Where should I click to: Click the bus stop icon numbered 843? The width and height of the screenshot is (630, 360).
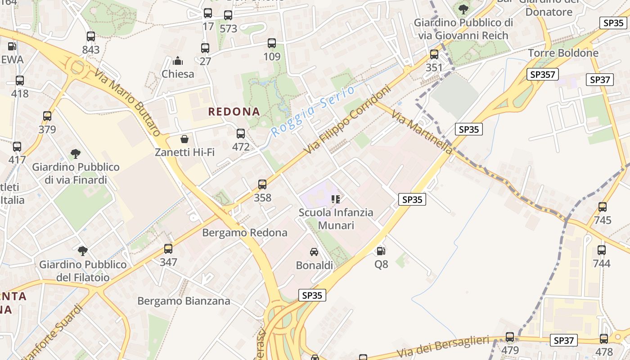point(91,37)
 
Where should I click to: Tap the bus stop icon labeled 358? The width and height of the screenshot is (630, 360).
point(262,184)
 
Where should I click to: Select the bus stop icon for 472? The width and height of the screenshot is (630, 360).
point(241,134)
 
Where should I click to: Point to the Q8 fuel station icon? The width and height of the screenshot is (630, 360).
point(381,251)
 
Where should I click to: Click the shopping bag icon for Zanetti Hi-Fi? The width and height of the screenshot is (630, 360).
point(184,139)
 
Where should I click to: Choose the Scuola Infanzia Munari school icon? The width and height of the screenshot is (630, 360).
point(335,199)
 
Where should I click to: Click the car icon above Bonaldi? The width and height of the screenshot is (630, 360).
point(314,252)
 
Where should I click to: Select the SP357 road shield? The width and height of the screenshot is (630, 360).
point(543,74)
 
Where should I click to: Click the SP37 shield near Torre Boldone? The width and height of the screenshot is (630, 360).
point(600,80)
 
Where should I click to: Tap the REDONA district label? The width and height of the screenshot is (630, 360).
point(234,112)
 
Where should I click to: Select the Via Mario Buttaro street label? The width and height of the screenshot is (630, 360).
point(127,102)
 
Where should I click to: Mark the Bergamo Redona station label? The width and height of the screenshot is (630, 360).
point(244,233)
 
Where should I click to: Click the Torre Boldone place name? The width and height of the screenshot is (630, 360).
point(563,53)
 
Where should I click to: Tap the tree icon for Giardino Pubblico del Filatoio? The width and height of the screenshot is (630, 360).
point(82,251)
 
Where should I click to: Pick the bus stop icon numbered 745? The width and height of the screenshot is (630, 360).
point(602,207)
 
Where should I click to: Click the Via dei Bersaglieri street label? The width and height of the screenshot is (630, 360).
point(443,347)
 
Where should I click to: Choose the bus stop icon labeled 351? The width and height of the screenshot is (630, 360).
point(434,55)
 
